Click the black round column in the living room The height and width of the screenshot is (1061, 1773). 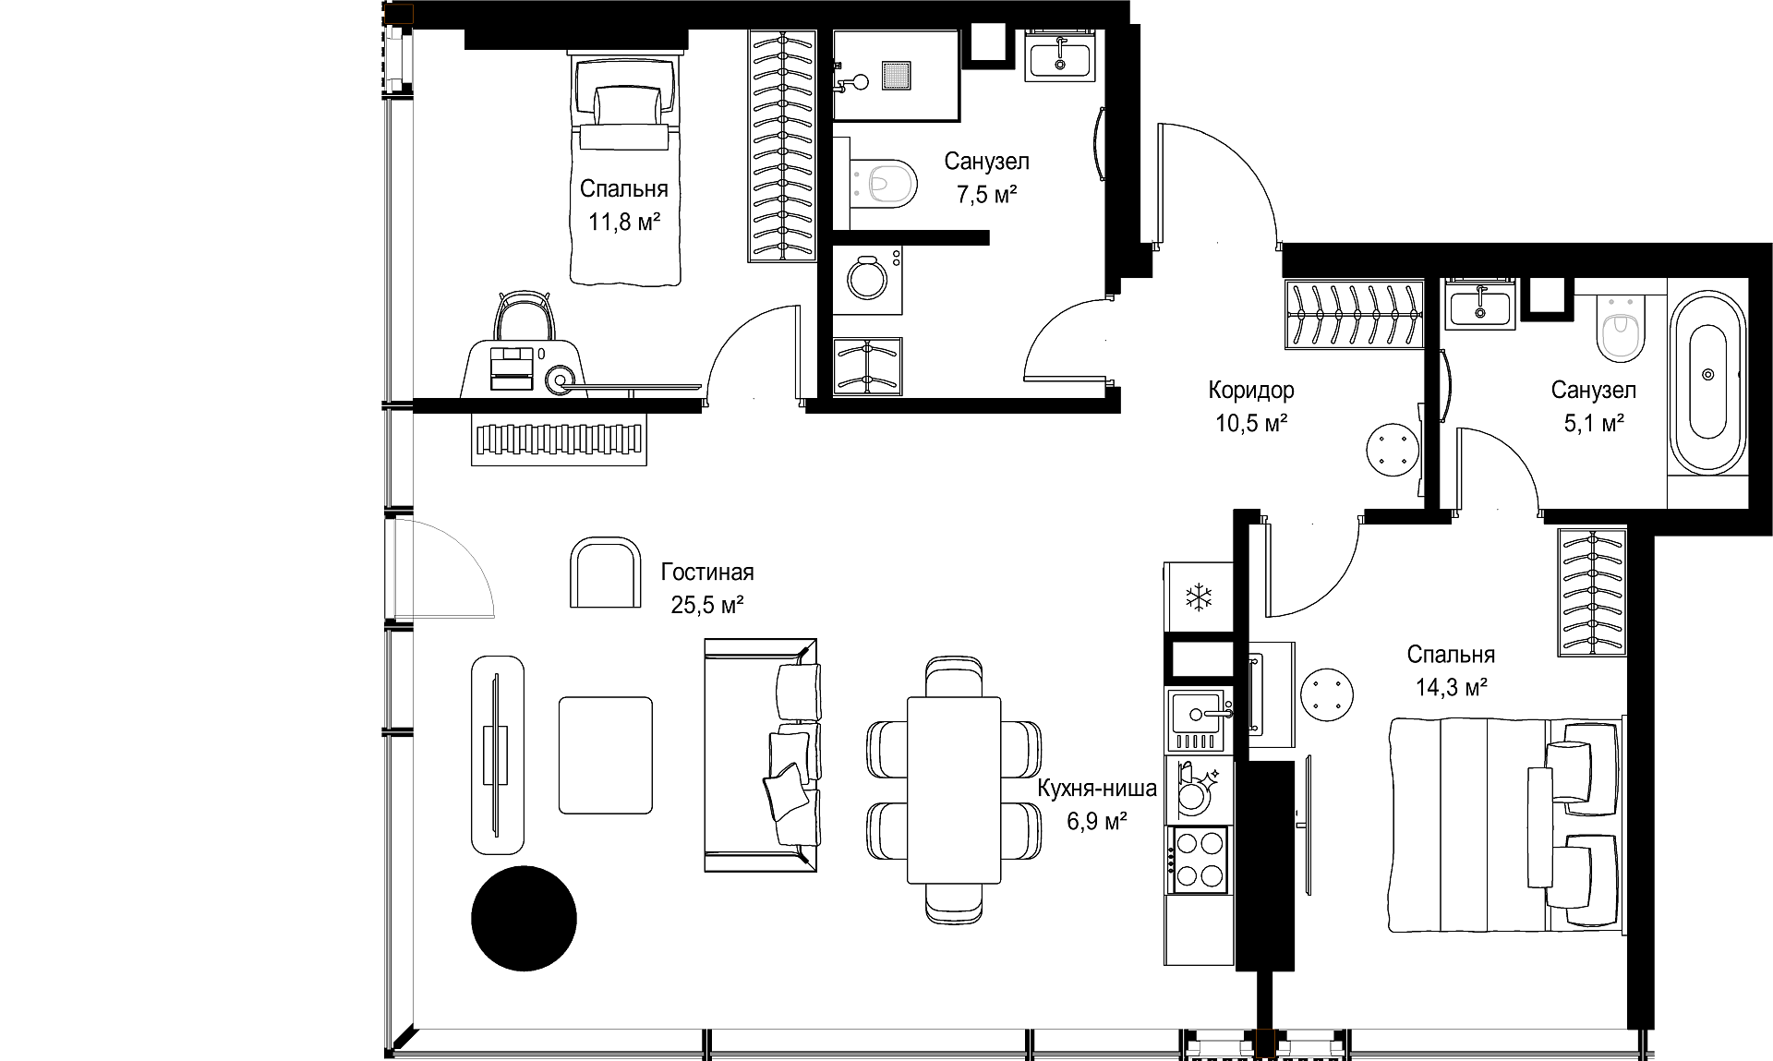[524, 919]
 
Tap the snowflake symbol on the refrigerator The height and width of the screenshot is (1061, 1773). [1199, 597]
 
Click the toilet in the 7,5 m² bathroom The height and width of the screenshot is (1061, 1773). [885, 183]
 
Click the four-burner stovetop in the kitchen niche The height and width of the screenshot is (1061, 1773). [1199, 859]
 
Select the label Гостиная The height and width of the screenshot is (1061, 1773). [707, 573]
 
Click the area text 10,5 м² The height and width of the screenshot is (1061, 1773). [1251, 424]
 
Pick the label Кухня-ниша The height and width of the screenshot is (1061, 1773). [1097, 789]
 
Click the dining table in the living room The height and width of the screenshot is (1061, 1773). [954, 790]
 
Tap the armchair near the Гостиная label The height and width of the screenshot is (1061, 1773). [606, 573]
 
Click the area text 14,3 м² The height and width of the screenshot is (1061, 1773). [1451, 688]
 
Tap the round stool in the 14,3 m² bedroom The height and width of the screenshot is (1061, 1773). [1327, 693]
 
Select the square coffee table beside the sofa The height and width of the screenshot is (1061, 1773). [606, 755]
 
